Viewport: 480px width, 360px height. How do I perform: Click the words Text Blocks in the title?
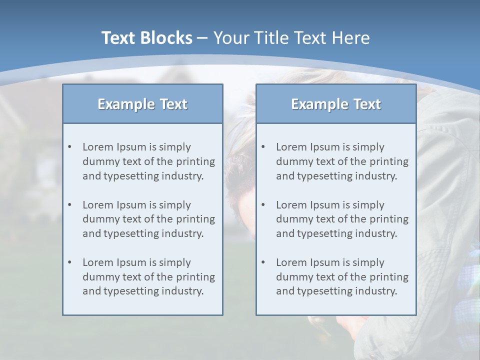coord(146,38)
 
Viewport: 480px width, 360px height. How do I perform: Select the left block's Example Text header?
coord(142,104)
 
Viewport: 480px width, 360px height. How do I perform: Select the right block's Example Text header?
coord(336,104)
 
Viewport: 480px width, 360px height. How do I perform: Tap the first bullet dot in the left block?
coord(69,147)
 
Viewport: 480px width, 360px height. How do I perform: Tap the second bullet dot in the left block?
coord(69,205)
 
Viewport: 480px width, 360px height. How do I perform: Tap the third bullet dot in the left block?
coord(69,262)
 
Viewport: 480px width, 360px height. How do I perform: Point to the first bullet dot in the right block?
coord(263,147)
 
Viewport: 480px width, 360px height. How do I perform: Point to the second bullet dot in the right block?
coord(263,205)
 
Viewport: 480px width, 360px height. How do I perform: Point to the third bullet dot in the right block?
coord(263,262)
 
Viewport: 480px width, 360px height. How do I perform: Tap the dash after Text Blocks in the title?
coord(202,38)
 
